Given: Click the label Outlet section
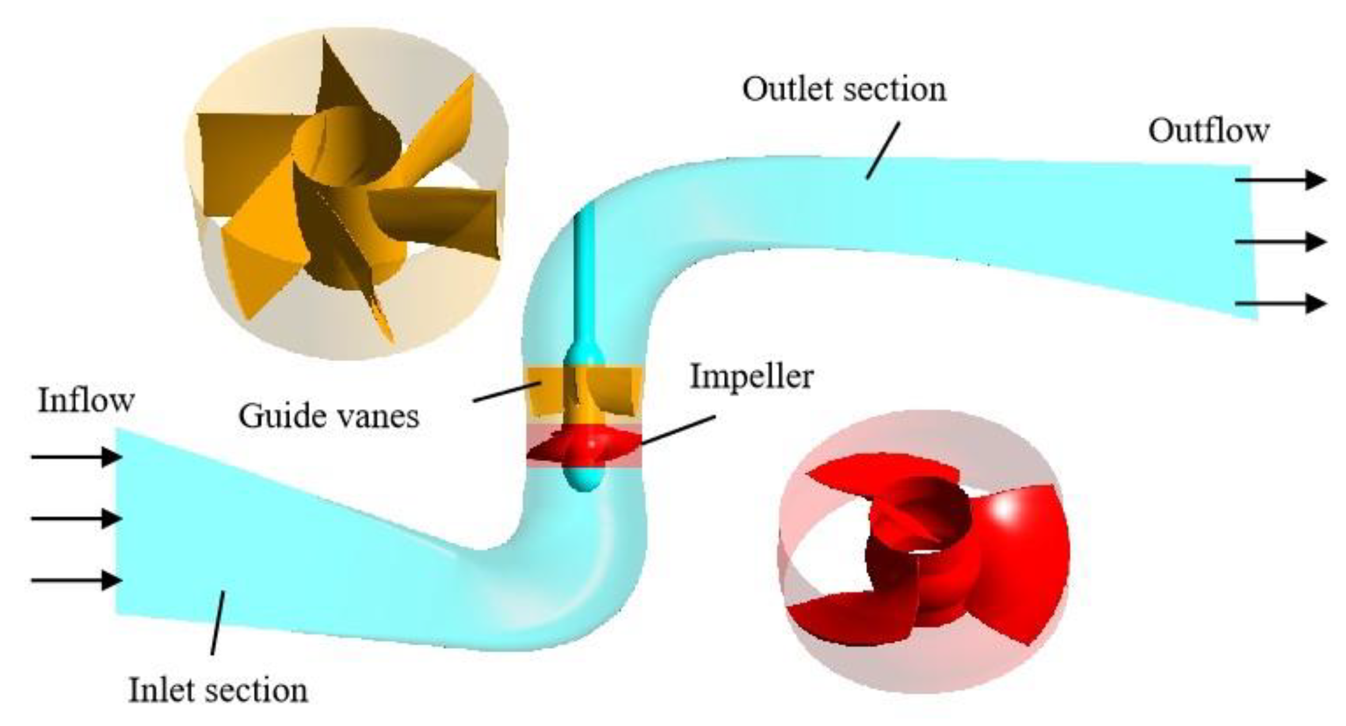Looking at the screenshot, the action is coord(844,90).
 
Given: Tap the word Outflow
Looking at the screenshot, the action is coord(1208,131).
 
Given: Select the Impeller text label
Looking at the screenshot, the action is coord(752,377).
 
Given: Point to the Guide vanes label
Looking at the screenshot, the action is coord(329,415).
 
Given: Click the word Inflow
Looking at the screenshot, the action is coord(86,400).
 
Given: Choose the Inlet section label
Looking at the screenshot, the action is coord(218,690).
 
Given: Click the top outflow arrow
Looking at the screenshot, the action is coord(1280,180).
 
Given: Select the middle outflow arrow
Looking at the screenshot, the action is coord(1280,242).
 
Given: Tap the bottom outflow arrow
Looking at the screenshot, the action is coord(1280,303).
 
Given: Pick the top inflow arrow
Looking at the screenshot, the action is coord(76,457).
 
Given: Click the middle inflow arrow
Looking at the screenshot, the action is coord(76,518).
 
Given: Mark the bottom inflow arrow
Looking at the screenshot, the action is coord(76,580).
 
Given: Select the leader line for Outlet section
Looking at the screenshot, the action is coord(883,151).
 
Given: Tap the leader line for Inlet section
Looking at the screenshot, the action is coord(218,622).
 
